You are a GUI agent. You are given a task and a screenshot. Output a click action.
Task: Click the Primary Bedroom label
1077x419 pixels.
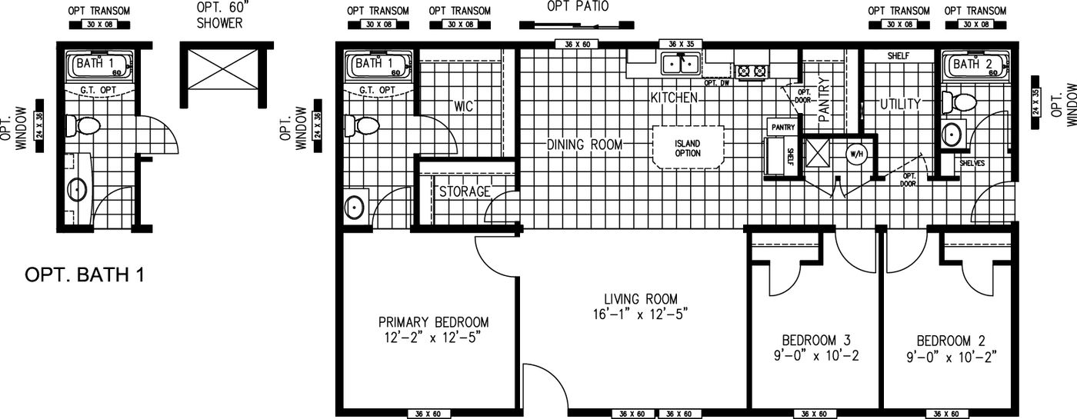coord(433,322)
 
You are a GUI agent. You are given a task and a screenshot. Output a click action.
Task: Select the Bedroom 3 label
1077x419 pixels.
coord(815,340)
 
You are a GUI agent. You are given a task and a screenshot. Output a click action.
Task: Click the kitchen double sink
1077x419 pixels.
coord(681,64)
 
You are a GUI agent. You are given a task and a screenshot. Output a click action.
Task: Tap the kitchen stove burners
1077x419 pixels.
coord(752,71)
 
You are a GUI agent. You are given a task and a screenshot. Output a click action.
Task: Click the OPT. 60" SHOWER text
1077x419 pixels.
coord(219,16)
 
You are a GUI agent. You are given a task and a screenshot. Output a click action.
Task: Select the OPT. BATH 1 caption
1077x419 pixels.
coord(85,274)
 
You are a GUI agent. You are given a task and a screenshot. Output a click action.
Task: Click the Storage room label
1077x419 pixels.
coord(465,191)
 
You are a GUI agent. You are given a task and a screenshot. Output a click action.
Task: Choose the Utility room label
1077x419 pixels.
coord(901,103)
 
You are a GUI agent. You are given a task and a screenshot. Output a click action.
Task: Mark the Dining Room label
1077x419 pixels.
coord(585,145)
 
